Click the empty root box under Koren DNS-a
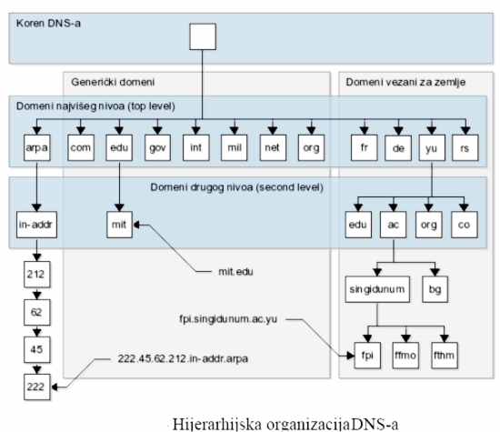203,36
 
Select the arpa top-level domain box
37,147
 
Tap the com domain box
81,147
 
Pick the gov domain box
157,147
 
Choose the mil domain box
234,147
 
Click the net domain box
273,147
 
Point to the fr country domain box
365,147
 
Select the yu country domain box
432,147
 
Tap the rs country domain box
465,147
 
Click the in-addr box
36,225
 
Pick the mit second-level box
119,225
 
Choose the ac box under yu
393,225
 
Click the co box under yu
465,225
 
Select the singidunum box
377,289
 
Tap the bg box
435,289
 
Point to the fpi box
367,356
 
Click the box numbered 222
37,387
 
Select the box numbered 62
37,312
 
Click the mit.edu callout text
235,272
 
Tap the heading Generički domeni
113,82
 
